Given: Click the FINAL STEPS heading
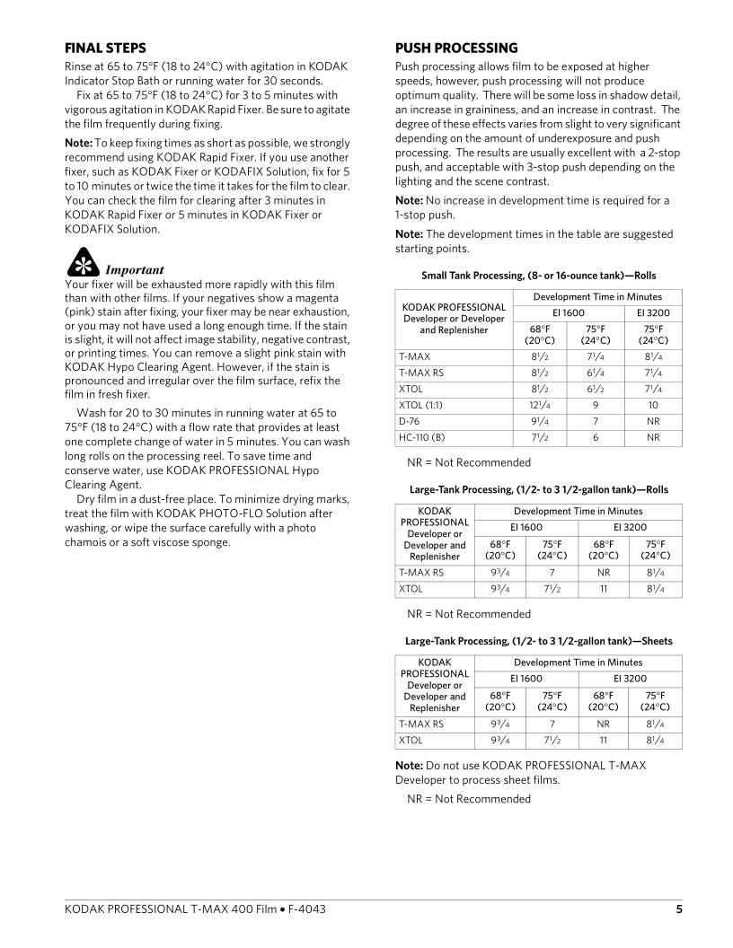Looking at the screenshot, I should pos(105,48).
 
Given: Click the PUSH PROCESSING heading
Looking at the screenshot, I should pos(456,48).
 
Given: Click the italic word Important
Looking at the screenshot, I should pos(135,269).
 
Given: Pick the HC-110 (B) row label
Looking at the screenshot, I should pos(422,437).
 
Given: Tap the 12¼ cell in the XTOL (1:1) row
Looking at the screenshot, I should pos(539,405).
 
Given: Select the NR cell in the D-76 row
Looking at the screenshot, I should pos(653,421).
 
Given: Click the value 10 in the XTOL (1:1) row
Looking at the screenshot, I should pos(653,405).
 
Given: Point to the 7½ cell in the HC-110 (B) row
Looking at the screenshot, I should pos(539,437).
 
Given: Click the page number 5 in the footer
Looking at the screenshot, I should pos(679,909).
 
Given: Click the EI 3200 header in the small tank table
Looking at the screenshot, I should pos(653,312).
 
